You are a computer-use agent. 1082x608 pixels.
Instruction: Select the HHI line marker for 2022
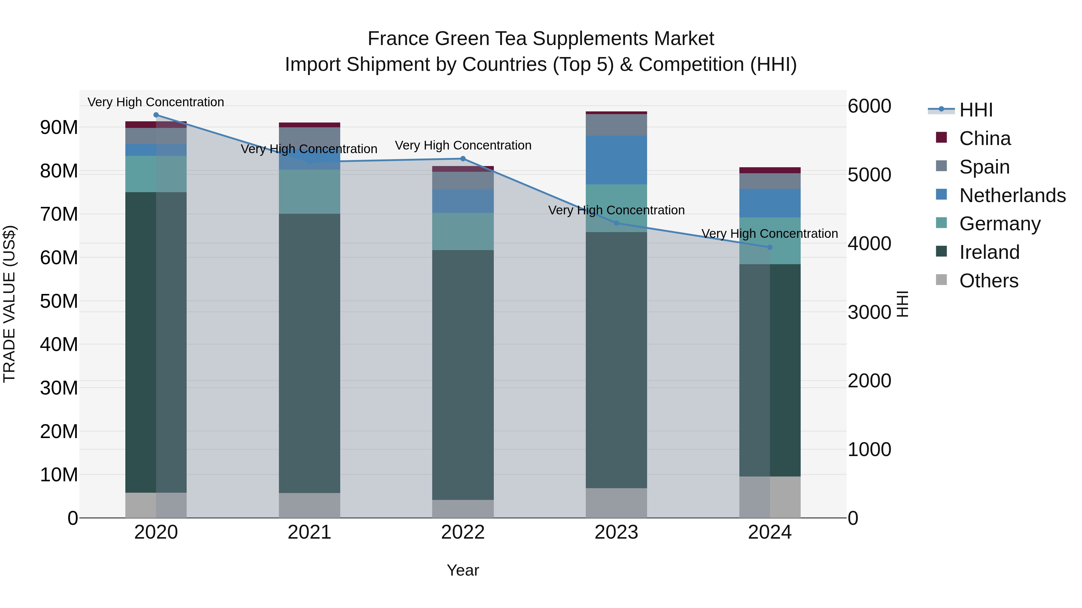463,159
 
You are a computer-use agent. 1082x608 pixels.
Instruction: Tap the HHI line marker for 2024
770,247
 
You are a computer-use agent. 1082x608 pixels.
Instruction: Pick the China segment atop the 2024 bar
770,170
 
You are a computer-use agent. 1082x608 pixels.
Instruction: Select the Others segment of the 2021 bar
310,505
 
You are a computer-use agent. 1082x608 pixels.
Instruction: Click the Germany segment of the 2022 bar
463,231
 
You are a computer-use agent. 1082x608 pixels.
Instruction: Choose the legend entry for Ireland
989,252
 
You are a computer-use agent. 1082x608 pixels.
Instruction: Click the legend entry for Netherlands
1012,195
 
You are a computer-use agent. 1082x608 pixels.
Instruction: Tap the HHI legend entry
976,110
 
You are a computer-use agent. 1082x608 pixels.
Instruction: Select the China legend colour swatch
941,138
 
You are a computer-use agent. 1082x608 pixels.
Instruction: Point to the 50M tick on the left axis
59,301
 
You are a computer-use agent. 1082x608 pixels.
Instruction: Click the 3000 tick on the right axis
869,312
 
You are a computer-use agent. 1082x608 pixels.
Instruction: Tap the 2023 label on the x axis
616,532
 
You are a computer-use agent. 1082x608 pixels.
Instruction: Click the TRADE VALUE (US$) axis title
9,304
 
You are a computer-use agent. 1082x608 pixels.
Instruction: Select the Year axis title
463,570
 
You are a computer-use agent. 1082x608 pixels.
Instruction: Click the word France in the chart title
398,39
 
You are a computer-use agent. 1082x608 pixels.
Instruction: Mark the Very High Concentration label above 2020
156,102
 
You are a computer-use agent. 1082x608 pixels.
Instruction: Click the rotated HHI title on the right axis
902,304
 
